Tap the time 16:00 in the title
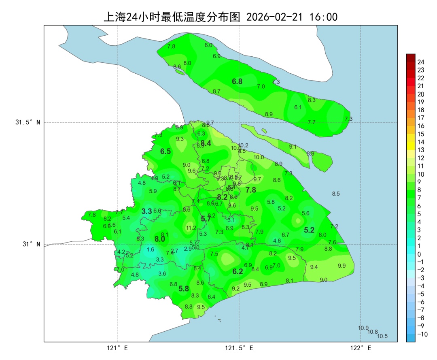pos(323,17)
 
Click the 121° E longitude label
pos(117,348)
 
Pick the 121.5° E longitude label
pos(239,348)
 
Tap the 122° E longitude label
pos(361,348)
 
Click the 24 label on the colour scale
pos(421,62)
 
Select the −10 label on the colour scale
pos(422,334)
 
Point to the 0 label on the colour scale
pos(419,254)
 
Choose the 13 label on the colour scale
pos(421,150)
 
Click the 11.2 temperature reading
pos(191,228)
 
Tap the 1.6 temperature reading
pos(151,249)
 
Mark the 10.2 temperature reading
pos(243,145)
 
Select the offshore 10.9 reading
pos(363,328)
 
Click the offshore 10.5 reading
pos(382,336)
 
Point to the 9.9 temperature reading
pos(342,265)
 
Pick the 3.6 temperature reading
pos(162,274)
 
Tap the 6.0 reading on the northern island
pos(208,45)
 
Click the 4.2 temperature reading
pos(121,251)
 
